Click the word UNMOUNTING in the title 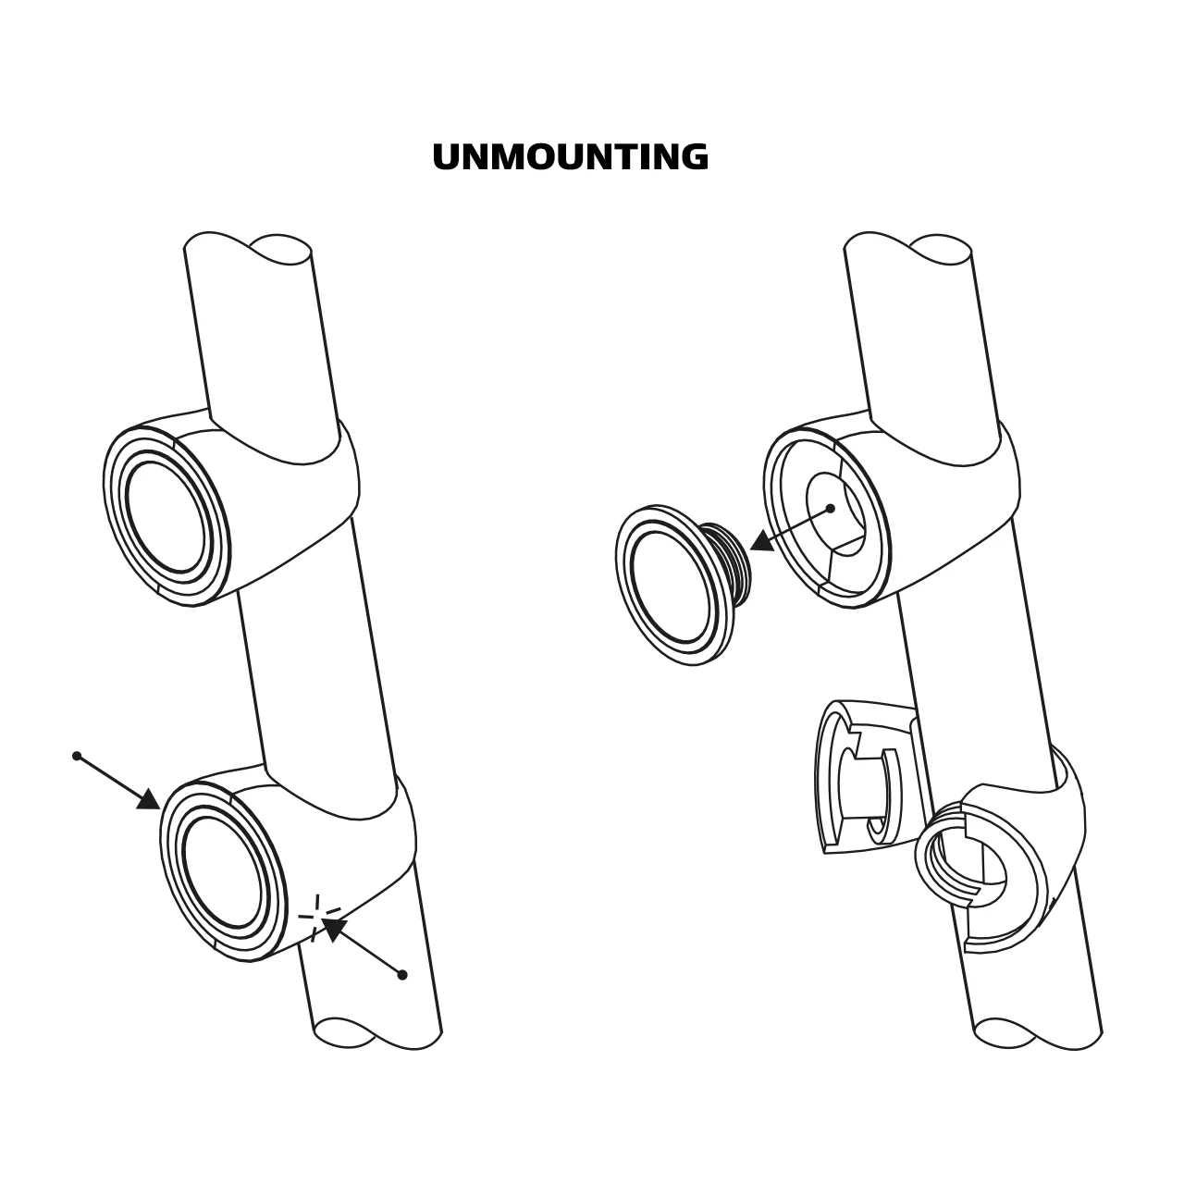pos(571,156)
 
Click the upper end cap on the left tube pos(166,516)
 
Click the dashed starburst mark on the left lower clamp pos(317,918)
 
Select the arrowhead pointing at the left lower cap pos(149,799)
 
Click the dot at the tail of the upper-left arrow pos(77,756)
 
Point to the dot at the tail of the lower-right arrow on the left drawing pos(402,975)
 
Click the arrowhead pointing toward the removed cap pos(762,541)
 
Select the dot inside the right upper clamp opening pos(830,508)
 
